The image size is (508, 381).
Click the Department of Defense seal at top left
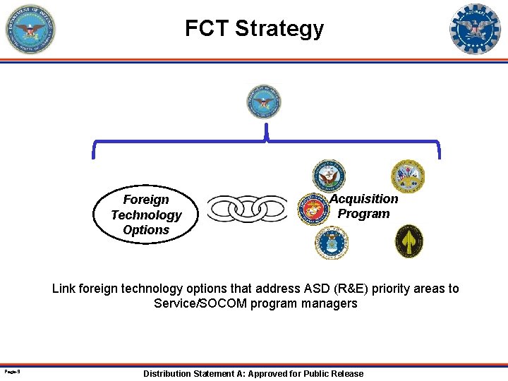30,29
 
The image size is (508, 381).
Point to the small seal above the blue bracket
263,102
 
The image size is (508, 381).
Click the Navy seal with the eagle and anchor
329,176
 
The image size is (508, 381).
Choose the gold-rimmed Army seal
408,176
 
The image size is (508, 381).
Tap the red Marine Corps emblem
311,210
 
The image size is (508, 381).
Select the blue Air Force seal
332,242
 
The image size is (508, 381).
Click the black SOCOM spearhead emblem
409,241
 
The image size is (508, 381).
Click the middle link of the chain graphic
247,209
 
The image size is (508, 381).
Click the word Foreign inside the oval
146,200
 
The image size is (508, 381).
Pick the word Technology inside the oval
146,215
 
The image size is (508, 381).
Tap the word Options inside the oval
146,230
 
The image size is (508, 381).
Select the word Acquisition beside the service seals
364,199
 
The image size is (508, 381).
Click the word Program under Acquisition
363,214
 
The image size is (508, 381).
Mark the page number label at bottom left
10,370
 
